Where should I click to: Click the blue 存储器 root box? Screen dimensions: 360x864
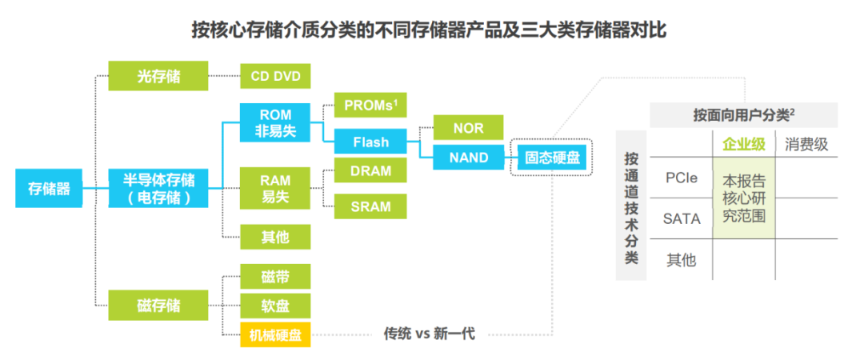tap(49, 189)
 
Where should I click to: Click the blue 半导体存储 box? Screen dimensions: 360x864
tap(157, 188)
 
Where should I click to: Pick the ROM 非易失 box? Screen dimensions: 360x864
tap(275, 123)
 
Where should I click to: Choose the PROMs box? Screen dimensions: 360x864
tap(370, 105)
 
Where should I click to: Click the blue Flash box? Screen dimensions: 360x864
tap(370, 142)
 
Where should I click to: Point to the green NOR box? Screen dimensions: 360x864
tap(468, 127)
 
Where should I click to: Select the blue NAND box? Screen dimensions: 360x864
tap(468, 158)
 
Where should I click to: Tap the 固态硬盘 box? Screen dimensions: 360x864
tap(550, 158)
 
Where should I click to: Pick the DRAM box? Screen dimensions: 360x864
tap(370, 171)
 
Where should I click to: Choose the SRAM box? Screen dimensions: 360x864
tap(370, 206)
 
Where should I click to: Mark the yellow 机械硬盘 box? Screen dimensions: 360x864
tap(275, 334)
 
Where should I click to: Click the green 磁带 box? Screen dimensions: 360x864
tap(275, 277)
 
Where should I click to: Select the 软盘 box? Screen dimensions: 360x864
tap(275, 306)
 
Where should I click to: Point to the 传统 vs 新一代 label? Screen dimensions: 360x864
tap(429, 334)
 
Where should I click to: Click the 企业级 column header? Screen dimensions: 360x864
tap(744, 144)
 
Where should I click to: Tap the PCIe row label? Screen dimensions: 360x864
tap(682, 178)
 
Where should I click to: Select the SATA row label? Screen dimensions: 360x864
tap(682, 218)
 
